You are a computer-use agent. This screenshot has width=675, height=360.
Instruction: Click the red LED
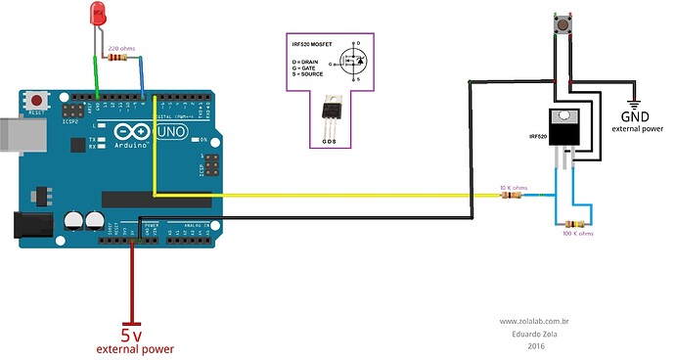click(98, 15)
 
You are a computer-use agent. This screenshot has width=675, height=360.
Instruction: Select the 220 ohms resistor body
click(120, 58)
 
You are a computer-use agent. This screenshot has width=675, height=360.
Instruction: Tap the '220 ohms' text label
click(121, 47)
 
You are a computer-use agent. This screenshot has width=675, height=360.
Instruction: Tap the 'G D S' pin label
click(331, 141)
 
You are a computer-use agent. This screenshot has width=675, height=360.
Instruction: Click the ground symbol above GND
click(633, 103)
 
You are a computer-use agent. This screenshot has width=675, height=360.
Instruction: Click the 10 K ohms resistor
click(511, 196)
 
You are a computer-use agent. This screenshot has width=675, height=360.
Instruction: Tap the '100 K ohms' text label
click(579, 235)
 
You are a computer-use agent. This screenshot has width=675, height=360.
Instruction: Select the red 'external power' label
click(135, 349)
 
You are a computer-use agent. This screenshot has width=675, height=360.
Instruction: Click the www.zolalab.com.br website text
click(535, 320)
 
